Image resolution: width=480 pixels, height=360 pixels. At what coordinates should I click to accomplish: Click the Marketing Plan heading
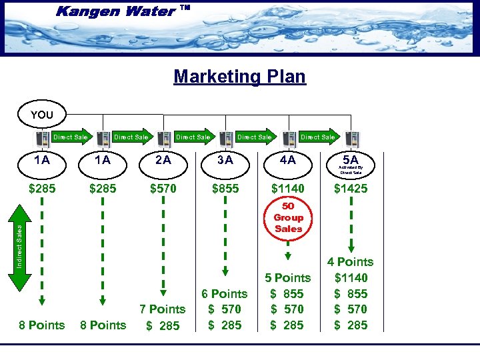pyautogui.click(x=239, y=76)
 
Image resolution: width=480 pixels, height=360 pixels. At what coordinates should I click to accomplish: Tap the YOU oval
pyautogui.click(x=41, y=115)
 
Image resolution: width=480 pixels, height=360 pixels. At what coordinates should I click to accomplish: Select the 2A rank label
pyautogui.click(x=163, y=160)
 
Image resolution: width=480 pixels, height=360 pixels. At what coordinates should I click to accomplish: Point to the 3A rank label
pyautogui.click(x=225, y=160)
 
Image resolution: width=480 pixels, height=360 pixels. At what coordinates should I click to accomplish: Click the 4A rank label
pyautogui.click(x=288, y=160)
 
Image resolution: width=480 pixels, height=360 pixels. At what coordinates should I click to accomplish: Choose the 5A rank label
pyautogui.click(x=350, y=160)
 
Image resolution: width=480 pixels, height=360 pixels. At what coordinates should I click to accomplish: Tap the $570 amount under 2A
pyautogui.click(x=163, y=189)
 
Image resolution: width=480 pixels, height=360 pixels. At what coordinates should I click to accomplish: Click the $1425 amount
pyautogui.click(x=351, y=189)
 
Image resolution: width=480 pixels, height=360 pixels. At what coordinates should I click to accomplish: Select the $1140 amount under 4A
pyautogui.click(x=288, y=189)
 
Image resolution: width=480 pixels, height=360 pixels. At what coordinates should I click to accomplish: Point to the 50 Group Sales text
pyautogui.click(x=288, y=217)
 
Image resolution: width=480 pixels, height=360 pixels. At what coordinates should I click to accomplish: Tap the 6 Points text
pyautogui.click(x=225, y=293)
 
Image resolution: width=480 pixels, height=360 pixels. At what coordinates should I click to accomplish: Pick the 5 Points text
pyautogui.click(x=288, y=277)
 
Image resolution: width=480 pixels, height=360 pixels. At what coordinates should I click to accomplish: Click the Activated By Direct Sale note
pyautogui.click(x=351, y=170)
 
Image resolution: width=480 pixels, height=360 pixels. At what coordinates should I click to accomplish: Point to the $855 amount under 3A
pyautogui.click(x=225, y=189)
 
